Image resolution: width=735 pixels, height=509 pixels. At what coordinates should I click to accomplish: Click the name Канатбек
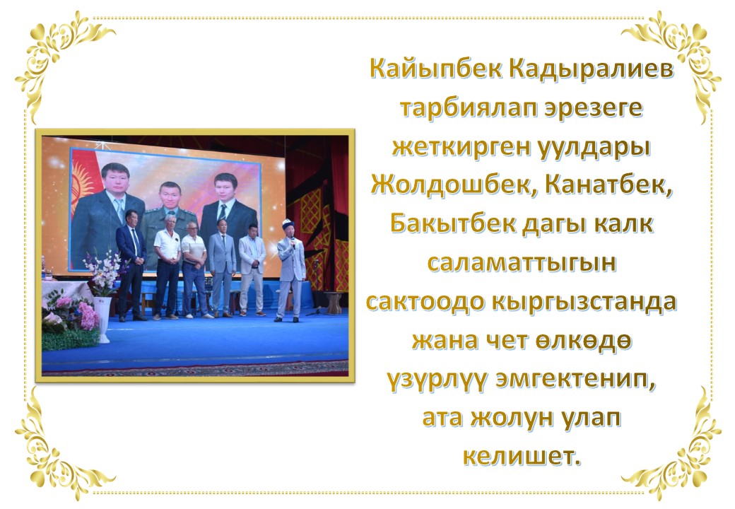(x=608, y=186)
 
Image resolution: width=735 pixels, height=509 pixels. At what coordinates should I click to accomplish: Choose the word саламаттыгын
(x=522, y=264)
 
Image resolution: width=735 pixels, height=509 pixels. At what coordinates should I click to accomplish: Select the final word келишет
(x=522, y=456)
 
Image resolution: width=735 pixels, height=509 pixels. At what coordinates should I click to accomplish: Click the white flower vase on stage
(x=102, y=320)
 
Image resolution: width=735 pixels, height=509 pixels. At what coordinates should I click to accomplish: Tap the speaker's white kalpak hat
(x=288, y=224)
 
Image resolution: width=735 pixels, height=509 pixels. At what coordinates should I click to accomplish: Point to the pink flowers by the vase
(x=88, y=315)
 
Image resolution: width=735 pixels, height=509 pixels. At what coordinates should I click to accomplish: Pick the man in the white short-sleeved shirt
(x=167, y=267)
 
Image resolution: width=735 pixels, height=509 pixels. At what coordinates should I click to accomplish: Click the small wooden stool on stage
(x=334, y=303)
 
